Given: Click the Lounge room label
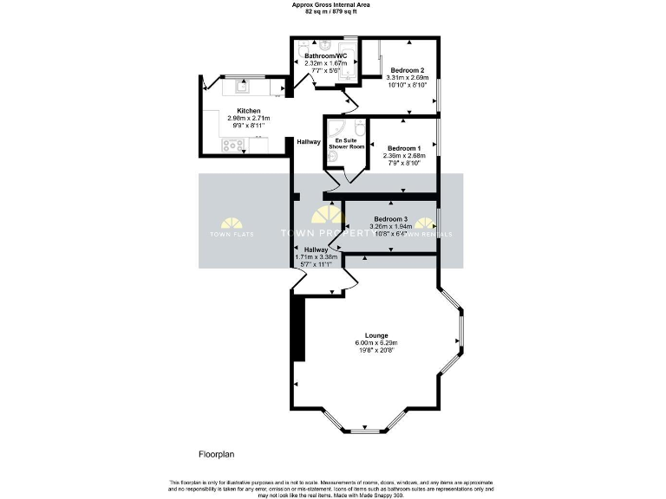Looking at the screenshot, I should [376, 334].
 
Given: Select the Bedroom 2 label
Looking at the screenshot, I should [407, 70].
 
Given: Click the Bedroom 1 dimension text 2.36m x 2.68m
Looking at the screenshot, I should [402, 156].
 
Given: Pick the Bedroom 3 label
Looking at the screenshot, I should [390, 218].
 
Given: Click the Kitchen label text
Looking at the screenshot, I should [249, 111].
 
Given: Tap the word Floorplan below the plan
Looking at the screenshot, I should [217, 453].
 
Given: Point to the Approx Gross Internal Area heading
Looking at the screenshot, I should [331, 5].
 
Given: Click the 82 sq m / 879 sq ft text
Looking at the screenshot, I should [331, 12].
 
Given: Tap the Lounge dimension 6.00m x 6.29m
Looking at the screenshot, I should [376, 343].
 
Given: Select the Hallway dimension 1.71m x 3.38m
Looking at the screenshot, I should [316, 257].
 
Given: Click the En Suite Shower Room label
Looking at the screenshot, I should [346, 144].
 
